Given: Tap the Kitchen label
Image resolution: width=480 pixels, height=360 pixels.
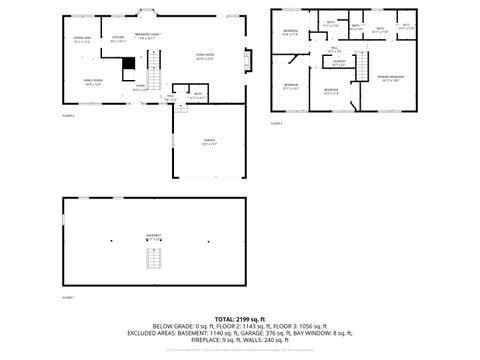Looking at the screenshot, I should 118,40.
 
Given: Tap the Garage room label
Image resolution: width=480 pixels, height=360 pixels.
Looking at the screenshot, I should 210,142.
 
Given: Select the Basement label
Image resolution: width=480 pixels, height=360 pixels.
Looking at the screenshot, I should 154,237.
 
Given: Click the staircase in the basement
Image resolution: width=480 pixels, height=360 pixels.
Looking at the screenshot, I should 154,258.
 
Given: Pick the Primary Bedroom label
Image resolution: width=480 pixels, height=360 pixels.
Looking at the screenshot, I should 390,78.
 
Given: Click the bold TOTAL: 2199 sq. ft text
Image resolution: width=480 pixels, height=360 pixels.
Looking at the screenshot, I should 240,317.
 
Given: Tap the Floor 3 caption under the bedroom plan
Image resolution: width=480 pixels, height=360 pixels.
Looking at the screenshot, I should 276,123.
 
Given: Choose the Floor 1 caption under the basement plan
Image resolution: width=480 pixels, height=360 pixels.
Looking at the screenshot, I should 68,298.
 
